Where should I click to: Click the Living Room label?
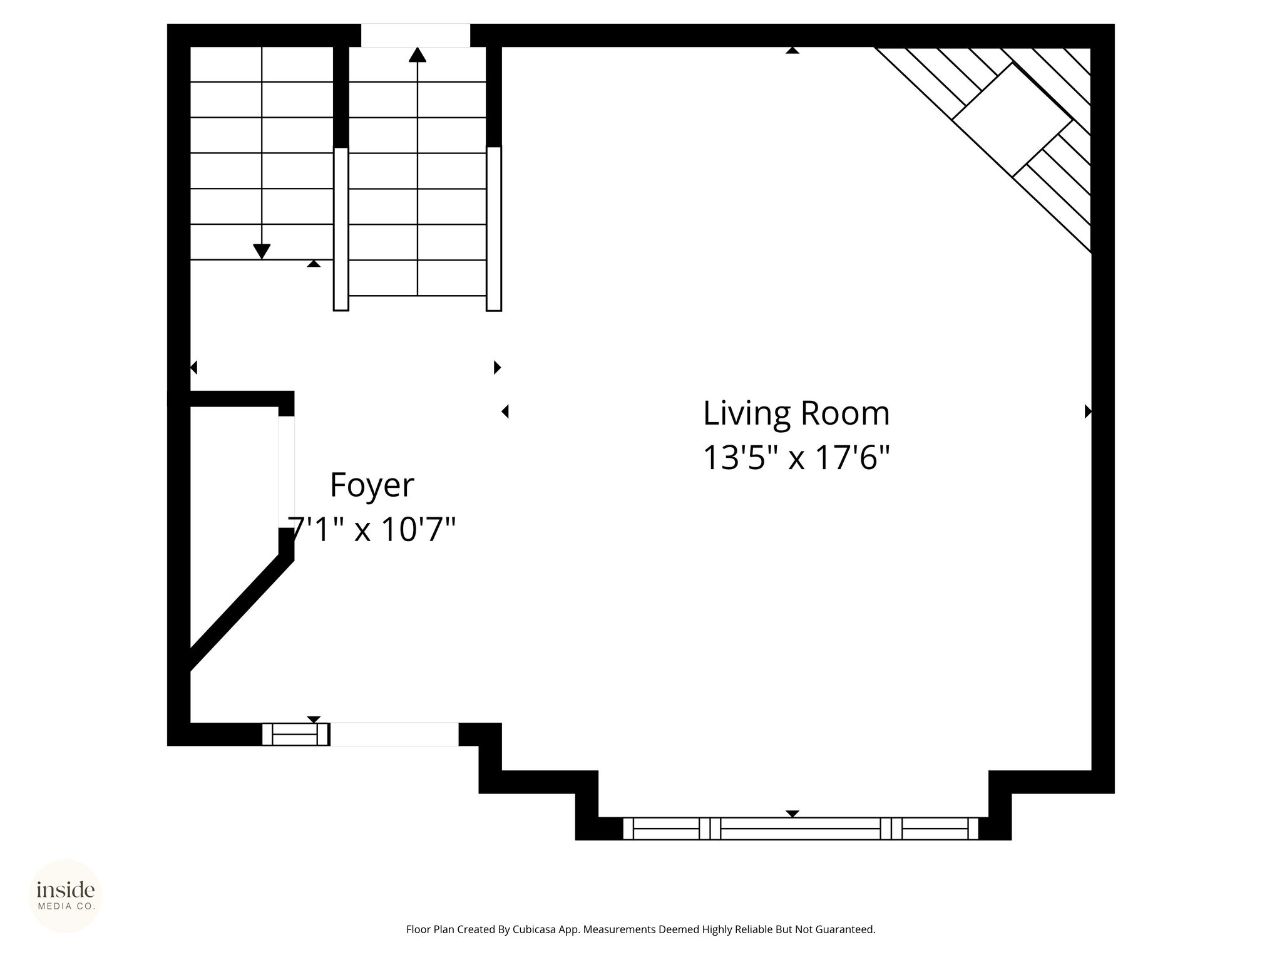click(x=796, y=413)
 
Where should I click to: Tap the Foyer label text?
click(x=372, y=485)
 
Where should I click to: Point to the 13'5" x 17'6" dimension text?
click(x=796, y=457)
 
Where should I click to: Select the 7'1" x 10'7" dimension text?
click(x=372, y=529)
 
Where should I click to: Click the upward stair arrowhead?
click(x=418, y=55)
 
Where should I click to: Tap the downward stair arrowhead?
click(x=262, y=251)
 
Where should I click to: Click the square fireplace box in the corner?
click(x=1012, y=120)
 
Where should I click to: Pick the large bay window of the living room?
click(x=801, y=829)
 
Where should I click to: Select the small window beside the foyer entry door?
click(x=295, y=734)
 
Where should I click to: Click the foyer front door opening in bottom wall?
click(x=394, y=734)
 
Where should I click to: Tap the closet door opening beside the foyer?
click(x=286, y=472)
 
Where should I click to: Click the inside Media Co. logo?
click(x=66, y=896)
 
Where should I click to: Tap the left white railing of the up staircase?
click(x=341, y=229)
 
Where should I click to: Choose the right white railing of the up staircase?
click(x=494, y=229)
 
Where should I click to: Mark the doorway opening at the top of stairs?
click(x=416, y=35)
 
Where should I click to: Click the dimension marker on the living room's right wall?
click(x=1088, y=411)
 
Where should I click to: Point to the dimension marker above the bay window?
click(x=792, y=814)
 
